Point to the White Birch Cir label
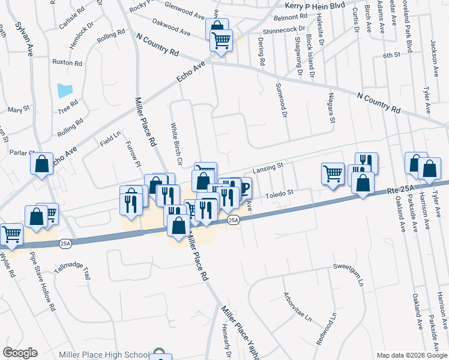click(x=176, y=144)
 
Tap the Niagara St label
click(x=331, y=107)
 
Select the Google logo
click(x=20, y=353)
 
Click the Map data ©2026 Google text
click(x=411, y=355)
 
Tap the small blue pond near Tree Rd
click(x=65, y=91)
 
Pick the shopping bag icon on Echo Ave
click(x=41, y=164)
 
